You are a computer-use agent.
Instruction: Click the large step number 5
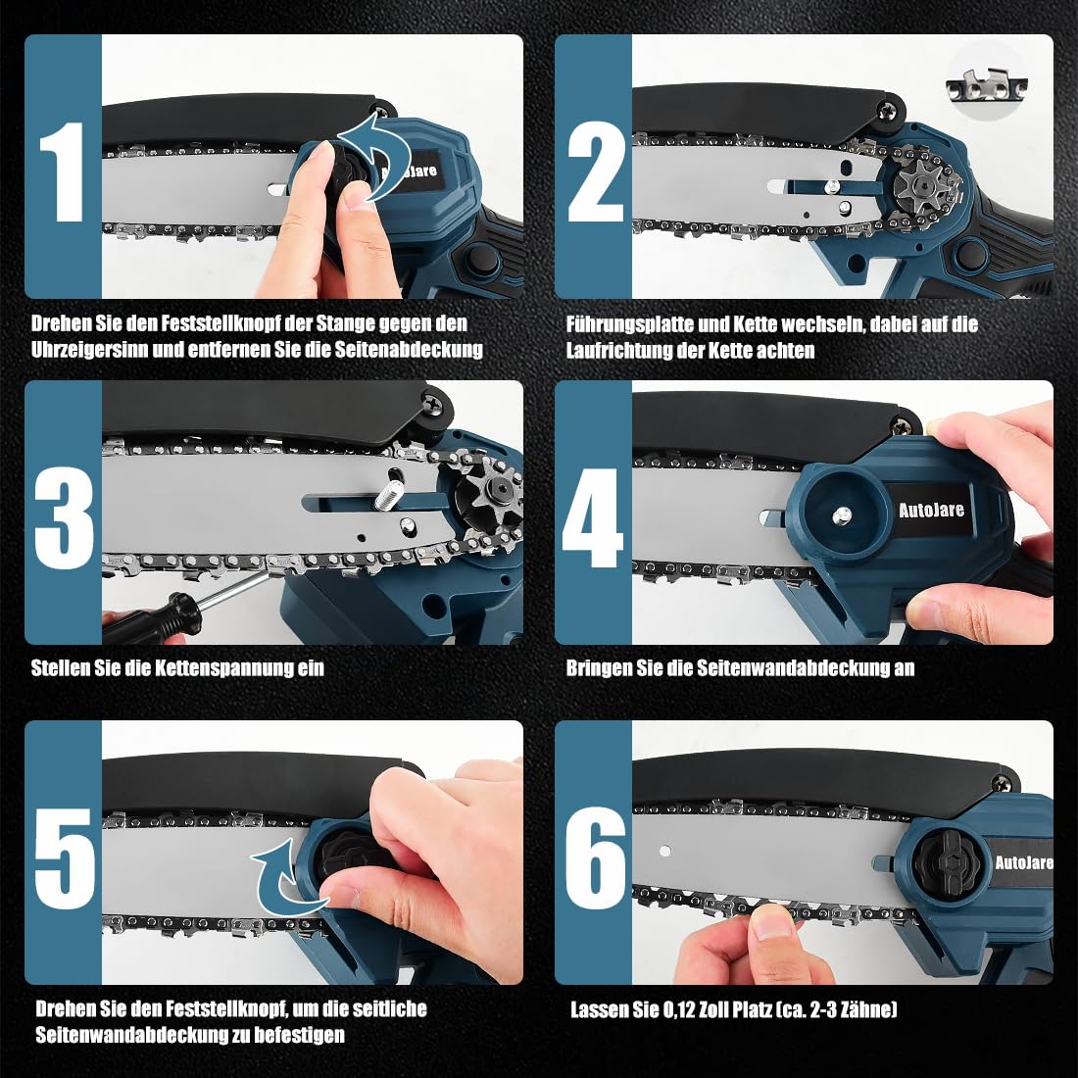tap(64, 858)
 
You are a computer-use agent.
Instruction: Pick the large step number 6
tap(596, 858)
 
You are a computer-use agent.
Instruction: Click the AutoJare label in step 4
tap(932, 511)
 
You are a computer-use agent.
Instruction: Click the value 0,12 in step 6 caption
tap(677, 1009)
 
